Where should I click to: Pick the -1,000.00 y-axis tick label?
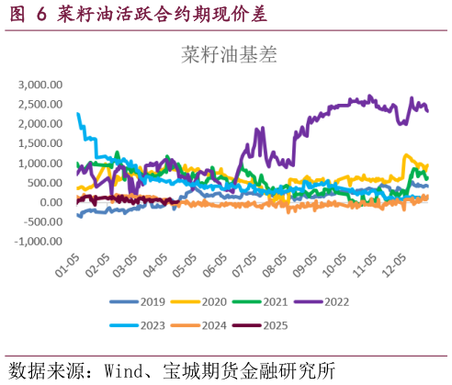[x=40, y=242]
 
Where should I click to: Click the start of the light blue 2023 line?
[x=78, y=114]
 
